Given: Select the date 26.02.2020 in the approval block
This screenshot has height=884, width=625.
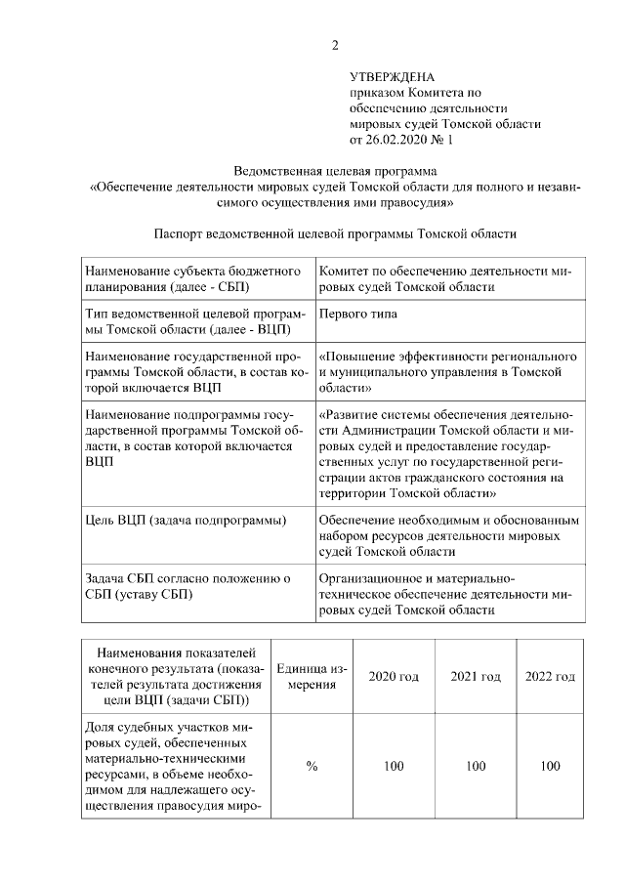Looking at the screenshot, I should tap(396, 140).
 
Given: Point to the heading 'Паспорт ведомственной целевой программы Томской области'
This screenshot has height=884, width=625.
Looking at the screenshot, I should tap(334, 234).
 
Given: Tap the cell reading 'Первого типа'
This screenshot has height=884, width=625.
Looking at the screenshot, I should tap(358, 315).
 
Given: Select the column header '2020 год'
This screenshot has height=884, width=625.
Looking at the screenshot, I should tap(394, 677).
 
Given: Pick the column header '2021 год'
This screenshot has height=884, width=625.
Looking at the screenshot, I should tap(476, 677).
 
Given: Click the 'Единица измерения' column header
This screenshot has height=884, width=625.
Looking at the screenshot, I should tap(312, 677).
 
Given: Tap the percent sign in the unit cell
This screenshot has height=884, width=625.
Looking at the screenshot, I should tap(312, 767).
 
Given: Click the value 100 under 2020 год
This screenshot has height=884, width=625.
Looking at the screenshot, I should tap(394, 767).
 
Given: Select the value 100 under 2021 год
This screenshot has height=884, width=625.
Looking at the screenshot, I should tap(476, 767).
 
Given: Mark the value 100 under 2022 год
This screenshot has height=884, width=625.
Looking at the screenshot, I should tap(550, 767).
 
